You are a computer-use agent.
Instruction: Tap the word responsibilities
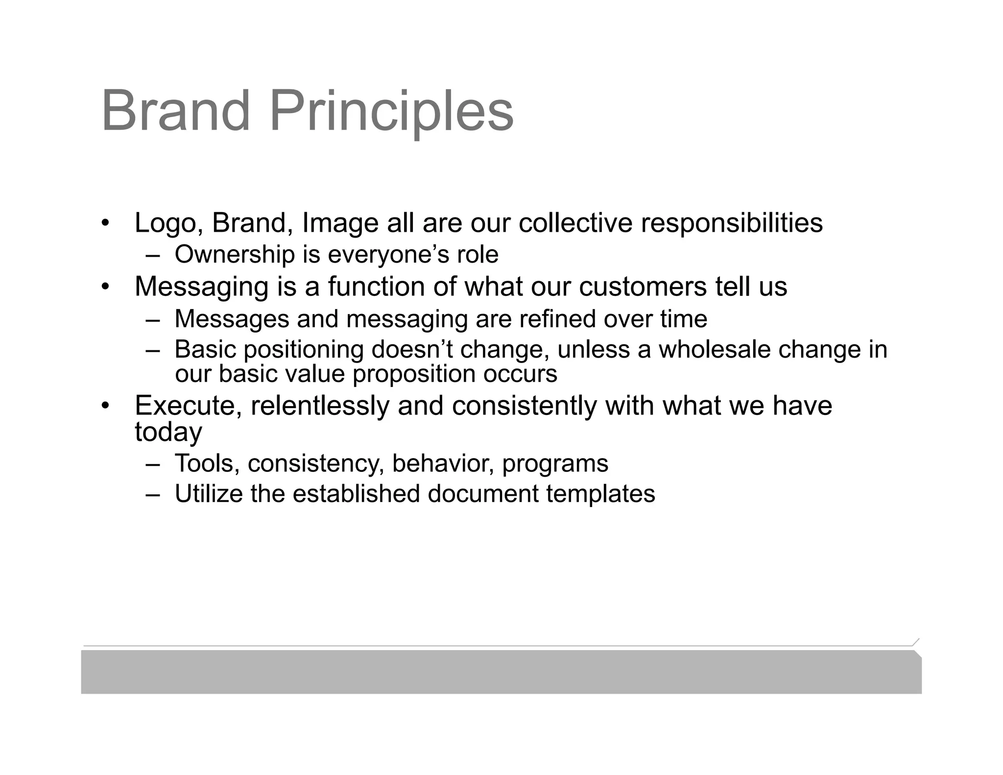point(732,223)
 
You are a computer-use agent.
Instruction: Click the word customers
point(643,287)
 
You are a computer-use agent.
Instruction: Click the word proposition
point(414,374)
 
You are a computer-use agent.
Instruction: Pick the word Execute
point(188,406)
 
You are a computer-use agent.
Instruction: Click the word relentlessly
point(319,406)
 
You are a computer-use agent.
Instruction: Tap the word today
point(168,433)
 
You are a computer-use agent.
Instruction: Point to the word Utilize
point(208,494)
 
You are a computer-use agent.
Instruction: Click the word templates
point(600,494)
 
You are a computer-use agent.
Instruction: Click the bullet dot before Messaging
point(105,287)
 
